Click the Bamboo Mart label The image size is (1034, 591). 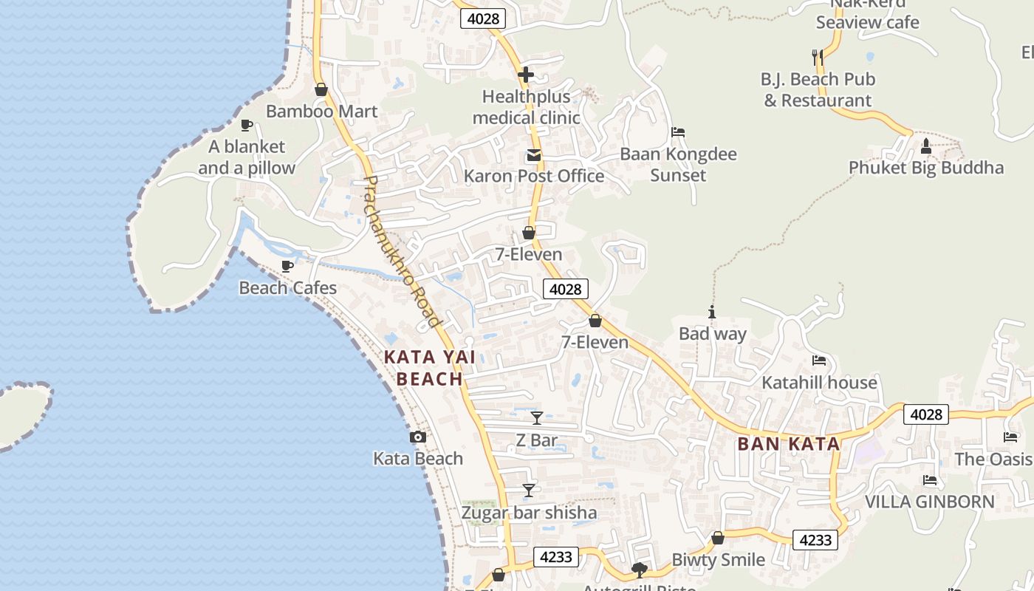coord(321,112)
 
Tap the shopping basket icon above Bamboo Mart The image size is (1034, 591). coord(321,89)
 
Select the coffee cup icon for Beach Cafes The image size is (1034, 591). coord(287,266)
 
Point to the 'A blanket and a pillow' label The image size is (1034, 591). coord(247,157)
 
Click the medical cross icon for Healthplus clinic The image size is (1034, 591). coord(526,75)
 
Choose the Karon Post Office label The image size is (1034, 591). coord(534,176)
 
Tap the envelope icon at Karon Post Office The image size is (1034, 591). coord(533,155)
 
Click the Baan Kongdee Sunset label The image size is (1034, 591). coord(678,165)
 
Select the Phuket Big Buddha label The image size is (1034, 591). coord(926,168)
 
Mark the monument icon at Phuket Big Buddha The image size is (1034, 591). coord(926,146)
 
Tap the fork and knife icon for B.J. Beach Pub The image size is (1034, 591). coord(817,57)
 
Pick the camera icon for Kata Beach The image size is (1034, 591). coord(418,437)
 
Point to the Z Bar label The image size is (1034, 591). coord(537,440)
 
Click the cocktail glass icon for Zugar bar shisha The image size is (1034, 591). coord(529,490)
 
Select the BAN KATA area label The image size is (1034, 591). coord(789,444)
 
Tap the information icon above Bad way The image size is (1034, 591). coord(712,312)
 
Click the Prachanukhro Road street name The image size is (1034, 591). coord(403,251)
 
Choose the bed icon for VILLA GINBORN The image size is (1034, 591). coord(930,480)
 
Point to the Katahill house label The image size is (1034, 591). coord(819,382)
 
